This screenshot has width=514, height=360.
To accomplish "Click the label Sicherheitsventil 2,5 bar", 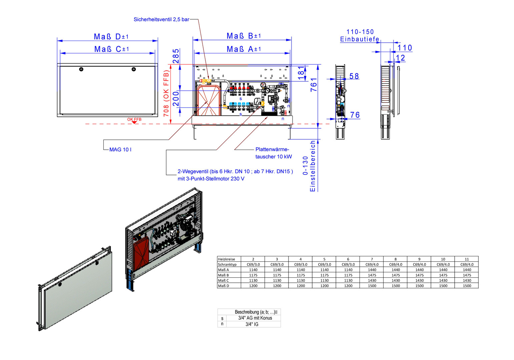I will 161,20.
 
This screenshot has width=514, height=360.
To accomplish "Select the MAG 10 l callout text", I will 120,150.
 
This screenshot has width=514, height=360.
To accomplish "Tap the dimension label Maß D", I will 111,37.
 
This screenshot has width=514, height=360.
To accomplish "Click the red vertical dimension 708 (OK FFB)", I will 166,93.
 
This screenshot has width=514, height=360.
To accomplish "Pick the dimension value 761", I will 314,85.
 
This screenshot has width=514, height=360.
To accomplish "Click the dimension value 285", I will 176,56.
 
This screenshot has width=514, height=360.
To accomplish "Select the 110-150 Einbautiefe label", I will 360,36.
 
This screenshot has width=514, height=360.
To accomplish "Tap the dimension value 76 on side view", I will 355,115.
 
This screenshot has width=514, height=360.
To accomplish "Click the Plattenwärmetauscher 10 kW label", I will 273,153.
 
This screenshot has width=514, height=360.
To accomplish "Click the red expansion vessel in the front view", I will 208,100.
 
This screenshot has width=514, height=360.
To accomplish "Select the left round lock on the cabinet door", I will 81,69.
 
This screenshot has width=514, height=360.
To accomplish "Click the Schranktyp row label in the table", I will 227,264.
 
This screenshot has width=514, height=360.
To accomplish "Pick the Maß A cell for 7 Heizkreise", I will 372,270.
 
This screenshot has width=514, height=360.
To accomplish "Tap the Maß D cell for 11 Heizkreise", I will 467,286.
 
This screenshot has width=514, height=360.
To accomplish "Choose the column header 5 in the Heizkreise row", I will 324,259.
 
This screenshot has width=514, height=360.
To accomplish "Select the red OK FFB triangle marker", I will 134,122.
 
